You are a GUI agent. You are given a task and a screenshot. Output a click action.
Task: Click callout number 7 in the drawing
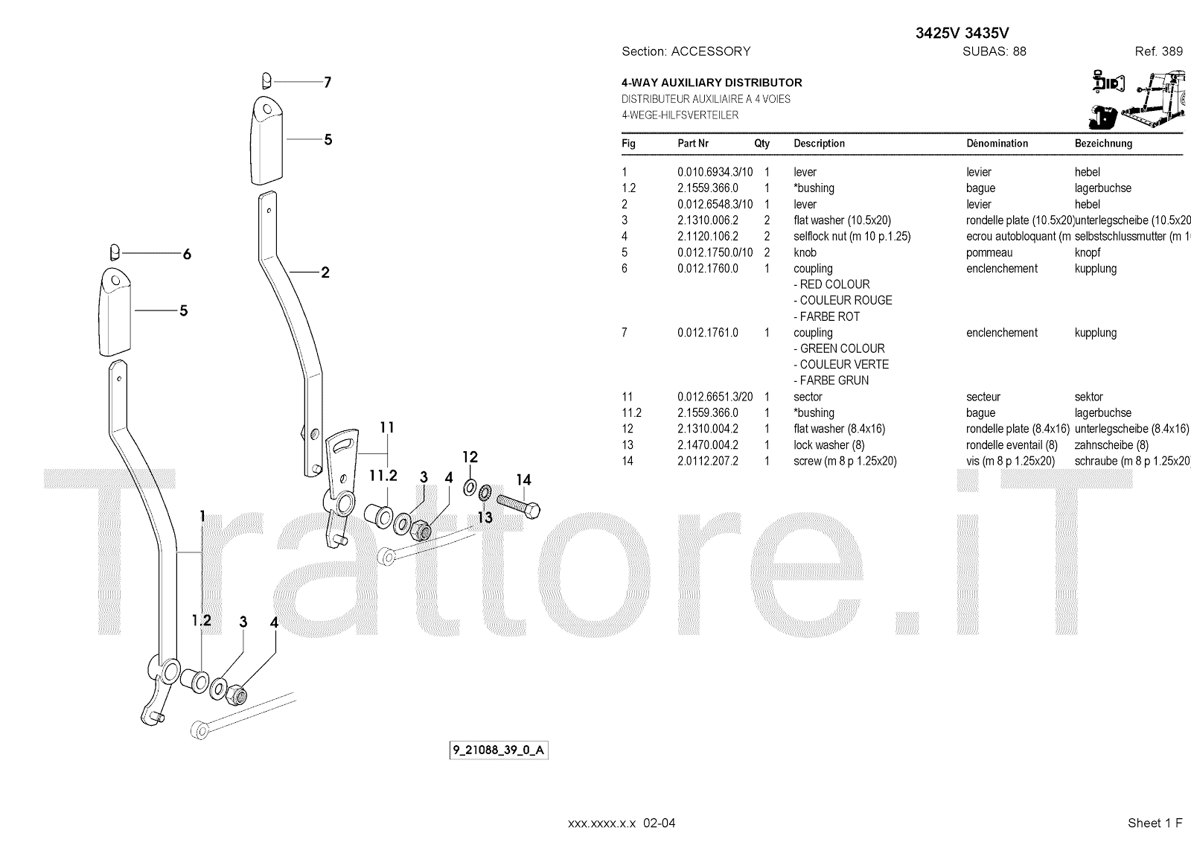pos(328,82)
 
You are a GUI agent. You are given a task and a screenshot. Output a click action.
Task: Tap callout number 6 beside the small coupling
pos(187,254)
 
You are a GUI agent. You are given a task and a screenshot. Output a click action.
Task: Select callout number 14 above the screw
pos(524,480)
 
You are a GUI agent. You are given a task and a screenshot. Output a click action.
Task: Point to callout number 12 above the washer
pos(470,457)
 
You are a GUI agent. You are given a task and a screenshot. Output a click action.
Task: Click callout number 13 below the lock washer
pos(485,517)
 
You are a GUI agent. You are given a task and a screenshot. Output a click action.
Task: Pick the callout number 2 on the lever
pos(325,272)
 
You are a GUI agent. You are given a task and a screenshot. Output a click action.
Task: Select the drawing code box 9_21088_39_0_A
pos(499,750)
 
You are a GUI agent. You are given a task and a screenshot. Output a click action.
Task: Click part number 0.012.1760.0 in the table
pos(708,269)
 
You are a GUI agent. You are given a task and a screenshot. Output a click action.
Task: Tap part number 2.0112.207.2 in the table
pos(708,462)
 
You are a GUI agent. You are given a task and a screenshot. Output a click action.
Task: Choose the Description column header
pos(819,144)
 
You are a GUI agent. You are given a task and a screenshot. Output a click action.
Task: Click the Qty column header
pos(761,144)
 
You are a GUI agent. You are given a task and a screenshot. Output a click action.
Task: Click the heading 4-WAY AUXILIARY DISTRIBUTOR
pos(712,83)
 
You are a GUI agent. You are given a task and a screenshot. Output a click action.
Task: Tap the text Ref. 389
pos(1158,51)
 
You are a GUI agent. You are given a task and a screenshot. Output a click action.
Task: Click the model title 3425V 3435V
pos(962,33)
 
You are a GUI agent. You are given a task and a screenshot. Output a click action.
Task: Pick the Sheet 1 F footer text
pos(1155,823)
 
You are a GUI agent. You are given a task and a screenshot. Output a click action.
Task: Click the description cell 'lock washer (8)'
pos(829,445)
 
